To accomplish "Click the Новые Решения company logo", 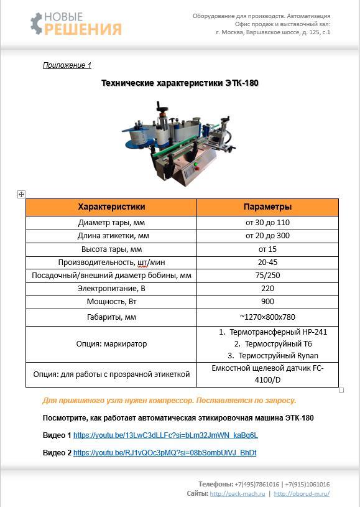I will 75,24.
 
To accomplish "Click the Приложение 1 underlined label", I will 67,65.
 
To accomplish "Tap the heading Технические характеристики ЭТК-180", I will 180,83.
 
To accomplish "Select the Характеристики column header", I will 111,207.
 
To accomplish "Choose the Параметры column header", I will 267,207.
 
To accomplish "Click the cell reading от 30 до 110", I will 267,222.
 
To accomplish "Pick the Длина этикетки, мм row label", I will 113,236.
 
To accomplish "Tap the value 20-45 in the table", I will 267,263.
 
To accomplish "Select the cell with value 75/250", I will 267,276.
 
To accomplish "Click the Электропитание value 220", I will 267,289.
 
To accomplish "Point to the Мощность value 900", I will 267,302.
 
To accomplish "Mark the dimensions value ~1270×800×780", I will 267,317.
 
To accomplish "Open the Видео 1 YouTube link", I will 165,435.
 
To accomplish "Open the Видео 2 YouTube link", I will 165,453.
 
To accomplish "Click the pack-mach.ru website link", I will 238,494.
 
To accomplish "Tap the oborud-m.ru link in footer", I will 302,494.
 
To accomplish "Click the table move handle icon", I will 21,195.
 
